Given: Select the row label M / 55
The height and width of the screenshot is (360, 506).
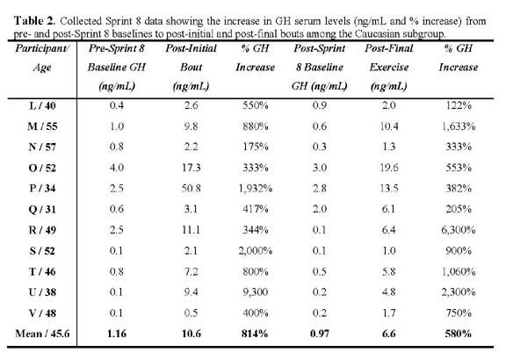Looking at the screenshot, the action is pyautogui.click(x=42, y=126).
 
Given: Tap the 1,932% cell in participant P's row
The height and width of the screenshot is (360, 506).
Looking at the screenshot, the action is pyautogui.click(x=256, y=189).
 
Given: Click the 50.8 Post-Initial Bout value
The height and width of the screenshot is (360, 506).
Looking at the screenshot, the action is pyautogui.click(x=191, y=189).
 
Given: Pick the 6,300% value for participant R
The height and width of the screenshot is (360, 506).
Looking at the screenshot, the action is pyautogui.click(x=459, y=230).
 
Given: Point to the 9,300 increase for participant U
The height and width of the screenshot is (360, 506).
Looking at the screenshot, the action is pyautogui.click(x=256, y=292).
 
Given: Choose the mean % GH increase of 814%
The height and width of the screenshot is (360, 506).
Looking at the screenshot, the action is pyautogui.click(x=255, y=334).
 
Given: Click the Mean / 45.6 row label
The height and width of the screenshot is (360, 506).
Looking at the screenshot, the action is pyautogui.click(x=42, y=334).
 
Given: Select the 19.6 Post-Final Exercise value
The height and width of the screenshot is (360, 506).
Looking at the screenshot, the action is pyautogui.click(x=389, y=168).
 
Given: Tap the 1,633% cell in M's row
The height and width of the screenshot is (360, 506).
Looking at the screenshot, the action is pyautogui.click(x=459, y=126).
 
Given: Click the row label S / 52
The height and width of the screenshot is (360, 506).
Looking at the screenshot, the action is pyautogui.click(x=42, y=251).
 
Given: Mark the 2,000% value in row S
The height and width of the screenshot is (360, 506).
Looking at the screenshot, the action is pyautogui.click(x=256, y=251).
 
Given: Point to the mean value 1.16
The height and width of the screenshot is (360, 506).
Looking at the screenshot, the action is pyautogui.click(x=117, y=334).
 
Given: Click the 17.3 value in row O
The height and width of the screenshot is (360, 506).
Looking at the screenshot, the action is pyautogui.click(x=191, y=168).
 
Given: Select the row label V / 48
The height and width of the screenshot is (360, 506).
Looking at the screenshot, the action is pyautogui.click(x=42, y=313).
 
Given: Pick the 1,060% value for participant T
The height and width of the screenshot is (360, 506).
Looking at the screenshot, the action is pyautogui.click(x=459, y=271).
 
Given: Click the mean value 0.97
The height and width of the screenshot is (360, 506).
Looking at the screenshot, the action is pyautogui.click(x=320, y=334).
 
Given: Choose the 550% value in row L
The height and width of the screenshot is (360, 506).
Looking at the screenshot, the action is pyautogui.click(x=256, y=105).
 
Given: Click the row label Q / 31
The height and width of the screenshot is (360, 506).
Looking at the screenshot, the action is pyautogui.click(x=42, y=209).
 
